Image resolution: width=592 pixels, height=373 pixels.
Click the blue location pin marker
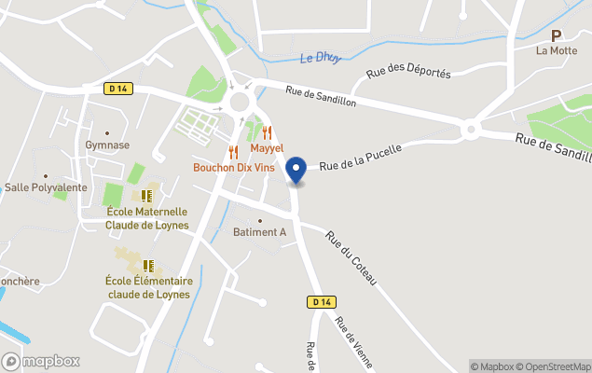coord(296,170)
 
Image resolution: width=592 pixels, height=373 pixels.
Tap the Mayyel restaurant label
coord(266,149)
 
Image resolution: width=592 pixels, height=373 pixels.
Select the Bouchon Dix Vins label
coord(233,168)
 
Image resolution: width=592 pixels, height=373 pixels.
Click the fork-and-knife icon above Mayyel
coord(267,132)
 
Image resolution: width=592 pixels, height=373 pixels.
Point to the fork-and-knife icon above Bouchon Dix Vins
coord(233,152)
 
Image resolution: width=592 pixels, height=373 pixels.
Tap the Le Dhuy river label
coord(320,58)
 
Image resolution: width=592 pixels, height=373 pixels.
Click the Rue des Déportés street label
coord(408,72)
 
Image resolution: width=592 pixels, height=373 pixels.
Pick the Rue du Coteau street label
coord(351,257)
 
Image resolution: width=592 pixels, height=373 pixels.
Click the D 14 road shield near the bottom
coord(320,302)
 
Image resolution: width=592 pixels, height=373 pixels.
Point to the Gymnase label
coord(107,145)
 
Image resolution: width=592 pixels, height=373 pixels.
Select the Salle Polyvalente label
coord(46,187)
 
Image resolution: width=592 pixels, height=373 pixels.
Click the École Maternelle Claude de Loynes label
coord(146,218)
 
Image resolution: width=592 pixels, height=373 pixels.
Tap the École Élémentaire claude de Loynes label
coord(149,287)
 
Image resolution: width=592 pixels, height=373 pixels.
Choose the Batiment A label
coord(259,232)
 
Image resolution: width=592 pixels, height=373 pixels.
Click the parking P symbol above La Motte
coord(557,35)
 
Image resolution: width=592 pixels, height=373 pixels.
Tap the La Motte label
coord(557,51)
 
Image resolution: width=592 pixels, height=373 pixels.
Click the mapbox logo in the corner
coord(42,361)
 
